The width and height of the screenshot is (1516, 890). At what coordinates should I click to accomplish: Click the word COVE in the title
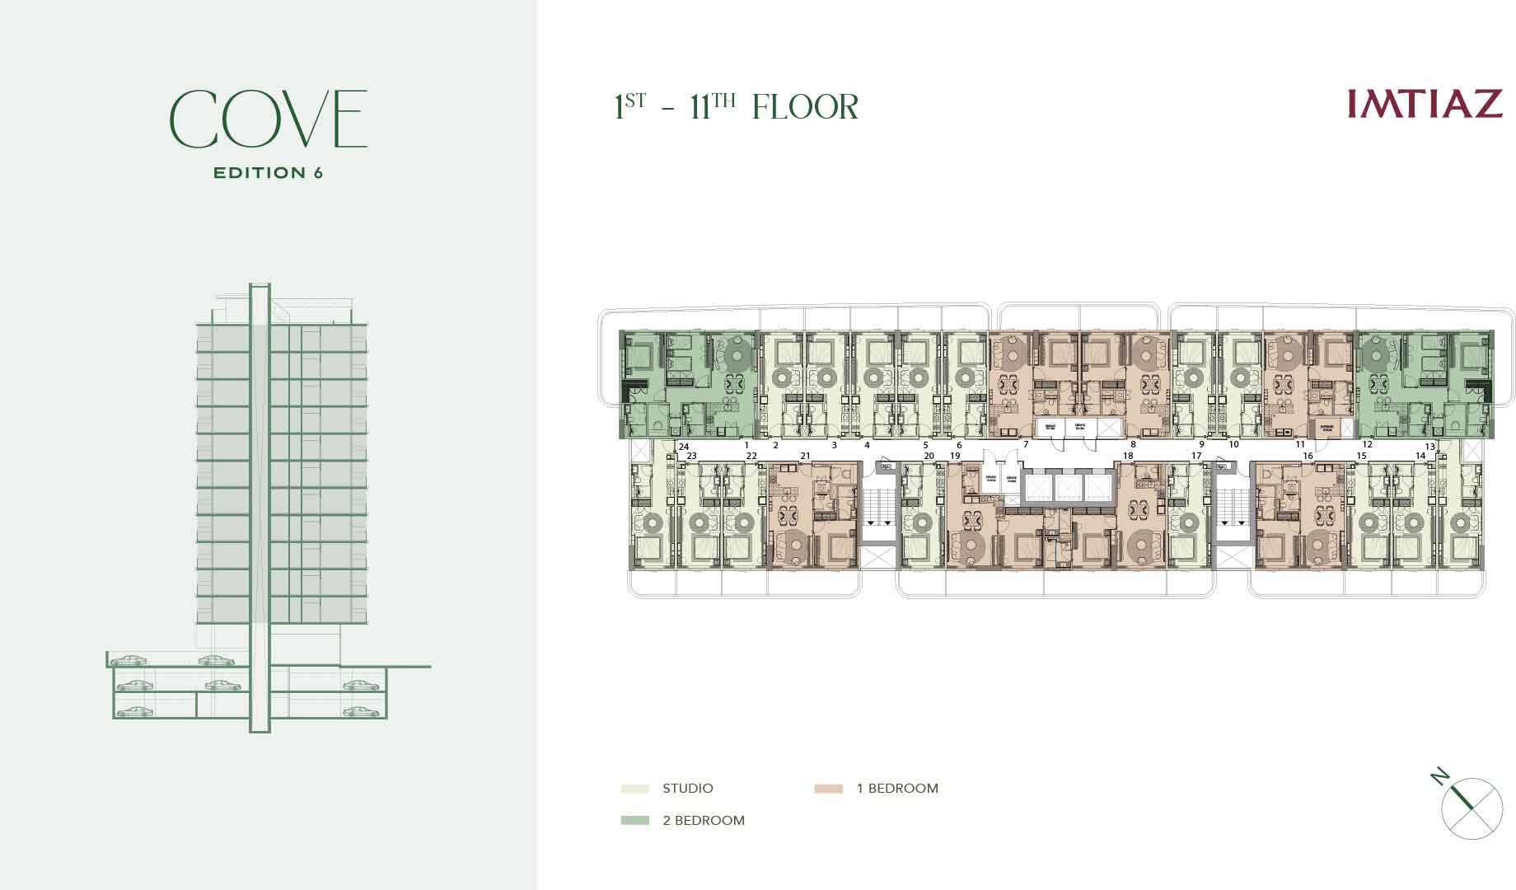(269, 119)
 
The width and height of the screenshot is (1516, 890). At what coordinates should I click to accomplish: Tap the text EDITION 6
(268, 173)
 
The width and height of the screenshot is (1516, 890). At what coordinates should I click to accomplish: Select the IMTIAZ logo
(1425, 105)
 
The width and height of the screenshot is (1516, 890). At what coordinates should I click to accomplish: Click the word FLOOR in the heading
(805, 108)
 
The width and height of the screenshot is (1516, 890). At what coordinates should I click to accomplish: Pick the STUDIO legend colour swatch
(635, 789)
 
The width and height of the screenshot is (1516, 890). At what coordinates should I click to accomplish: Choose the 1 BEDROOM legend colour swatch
(828, 789)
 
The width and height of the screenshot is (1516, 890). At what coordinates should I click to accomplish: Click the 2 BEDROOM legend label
(704, 821)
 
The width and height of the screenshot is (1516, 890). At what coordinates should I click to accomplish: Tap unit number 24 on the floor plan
(684, 446)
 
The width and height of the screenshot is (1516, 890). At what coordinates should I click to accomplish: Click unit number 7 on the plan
(1026, 445)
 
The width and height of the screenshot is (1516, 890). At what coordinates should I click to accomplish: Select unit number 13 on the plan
(1430, 447)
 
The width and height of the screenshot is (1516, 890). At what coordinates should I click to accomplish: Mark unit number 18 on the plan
(1128, 456)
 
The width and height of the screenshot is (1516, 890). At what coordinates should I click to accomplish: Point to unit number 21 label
(806, 456)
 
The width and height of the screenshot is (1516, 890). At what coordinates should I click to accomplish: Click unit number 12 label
(1368, 445)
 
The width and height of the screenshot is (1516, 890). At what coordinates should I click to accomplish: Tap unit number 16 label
(1308, 456)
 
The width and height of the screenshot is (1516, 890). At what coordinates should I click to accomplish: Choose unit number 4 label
(867, 445)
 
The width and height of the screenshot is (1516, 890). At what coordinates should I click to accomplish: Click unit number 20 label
(929, 456)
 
